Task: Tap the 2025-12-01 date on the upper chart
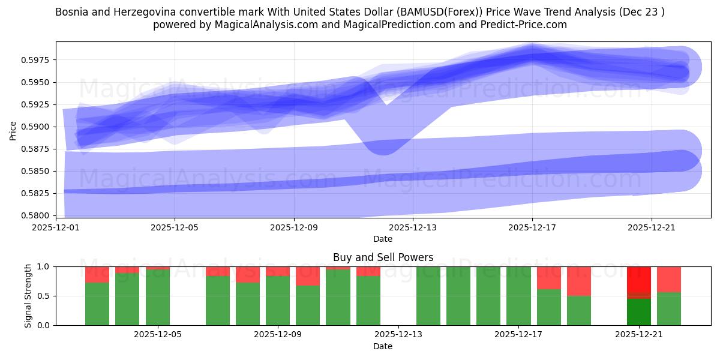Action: pos(55,228)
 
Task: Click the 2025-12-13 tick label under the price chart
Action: pos(413,228)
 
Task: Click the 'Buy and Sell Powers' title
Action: pos(383,257)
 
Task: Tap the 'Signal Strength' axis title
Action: pos(28,296)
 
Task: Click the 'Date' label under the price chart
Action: pos(383,239)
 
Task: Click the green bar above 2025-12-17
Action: pos(518,296)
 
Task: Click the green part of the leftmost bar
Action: pos(97,304)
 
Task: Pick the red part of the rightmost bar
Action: pos(668,279)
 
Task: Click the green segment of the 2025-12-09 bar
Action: pos(278,300)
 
